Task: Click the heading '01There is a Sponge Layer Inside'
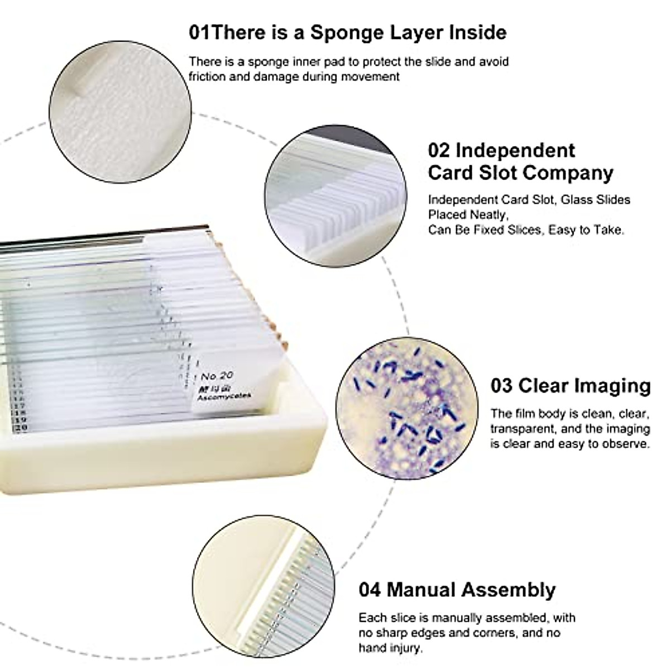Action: (347, 32)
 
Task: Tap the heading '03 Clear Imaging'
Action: (570, 385)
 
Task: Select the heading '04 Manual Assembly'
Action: (457, 590)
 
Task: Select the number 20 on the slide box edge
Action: (21, 428)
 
